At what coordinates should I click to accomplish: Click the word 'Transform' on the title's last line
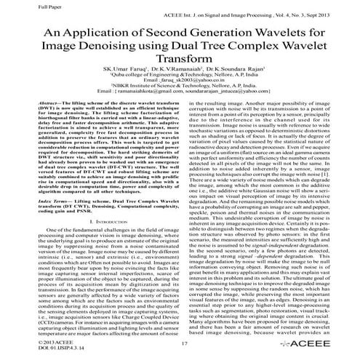tap(180, 65)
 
